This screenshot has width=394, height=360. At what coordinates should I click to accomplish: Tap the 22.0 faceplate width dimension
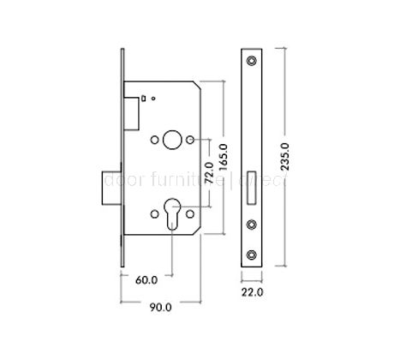coord(251,292)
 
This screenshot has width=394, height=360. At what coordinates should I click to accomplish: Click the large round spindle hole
coord(172,139)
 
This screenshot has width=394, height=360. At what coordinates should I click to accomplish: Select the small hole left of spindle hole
coord(155,139)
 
